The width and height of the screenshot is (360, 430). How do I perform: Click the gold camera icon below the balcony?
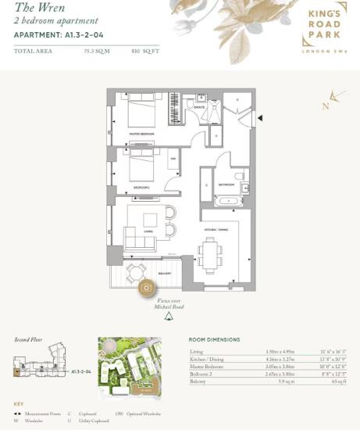click(x=146, y=288)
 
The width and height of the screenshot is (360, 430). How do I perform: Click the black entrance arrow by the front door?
click(x=260, y=118)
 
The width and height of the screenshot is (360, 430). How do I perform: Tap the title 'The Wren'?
click(x=34, y=7)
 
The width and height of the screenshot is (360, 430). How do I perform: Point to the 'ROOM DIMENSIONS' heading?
click(x=214, y=339)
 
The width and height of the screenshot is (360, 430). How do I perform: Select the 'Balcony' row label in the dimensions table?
click(x=198, y=381)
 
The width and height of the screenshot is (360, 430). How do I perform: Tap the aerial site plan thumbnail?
click(x=130, y=365)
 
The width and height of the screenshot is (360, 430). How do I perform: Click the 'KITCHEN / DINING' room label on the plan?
click(x=216, y=229)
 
